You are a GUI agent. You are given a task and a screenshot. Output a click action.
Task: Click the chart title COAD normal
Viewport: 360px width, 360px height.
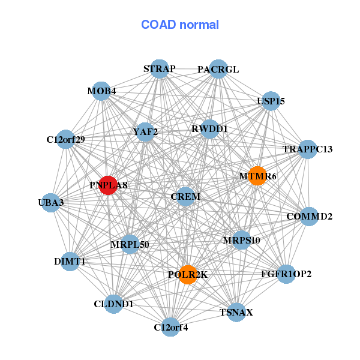coord(180,25)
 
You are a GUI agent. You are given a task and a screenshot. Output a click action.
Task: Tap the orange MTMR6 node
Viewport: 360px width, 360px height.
coord(257,176)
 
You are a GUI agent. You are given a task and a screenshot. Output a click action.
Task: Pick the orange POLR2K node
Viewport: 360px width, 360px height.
coord(188,274)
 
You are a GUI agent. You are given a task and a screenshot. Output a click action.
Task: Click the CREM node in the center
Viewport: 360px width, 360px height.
coord(186,196)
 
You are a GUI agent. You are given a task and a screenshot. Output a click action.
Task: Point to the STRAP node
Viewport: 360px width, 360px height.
coord(159,69)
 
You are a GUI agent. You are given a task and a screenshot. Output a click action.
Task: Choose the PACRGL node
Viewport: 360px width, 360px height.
coord(218,70)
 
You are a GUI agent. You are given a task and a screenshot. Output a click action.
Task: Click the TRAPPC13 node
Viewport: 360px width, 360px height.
coord(307,149)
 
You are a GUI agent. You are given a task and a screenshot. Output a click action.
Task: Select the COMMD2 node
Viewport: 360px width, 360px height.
coord(308,216)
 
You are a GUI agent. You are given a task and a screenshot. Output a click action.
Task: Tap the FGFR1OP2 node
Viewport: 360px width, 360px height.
coord(286,274)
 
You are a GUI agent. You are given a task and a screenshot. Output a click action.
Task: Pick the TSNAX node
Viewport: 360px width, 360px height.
coord(236,312)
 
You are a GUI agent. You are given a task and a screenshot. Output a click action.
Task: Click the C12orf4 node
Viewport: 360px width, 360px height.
coord(171,327)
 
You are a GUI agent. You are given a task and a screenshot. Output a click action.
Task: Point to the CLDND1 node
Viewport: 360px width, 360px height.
coord(113,304)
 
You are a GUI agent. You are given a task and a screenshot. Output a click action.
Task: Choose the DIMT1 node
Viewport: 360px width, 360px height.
coord(70,262)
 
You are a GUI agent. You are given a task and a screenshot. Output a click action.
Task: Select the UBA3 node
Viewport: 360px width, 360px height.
coord(51,203)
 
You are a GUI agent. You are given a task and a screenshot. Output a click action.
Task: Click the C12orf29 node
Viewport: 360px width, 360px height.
coord(65,139)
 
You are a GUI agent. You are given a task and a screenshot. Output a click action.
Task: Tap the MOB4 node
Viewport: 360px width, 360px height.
coord(101,91)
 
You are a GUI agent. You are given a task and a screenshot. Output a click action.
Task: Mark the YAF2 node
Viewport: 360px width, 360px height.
coord(145,131)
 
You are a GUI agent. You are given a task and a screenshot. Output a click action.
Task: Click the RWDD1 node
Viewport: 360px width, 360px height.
coord(209,129)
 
